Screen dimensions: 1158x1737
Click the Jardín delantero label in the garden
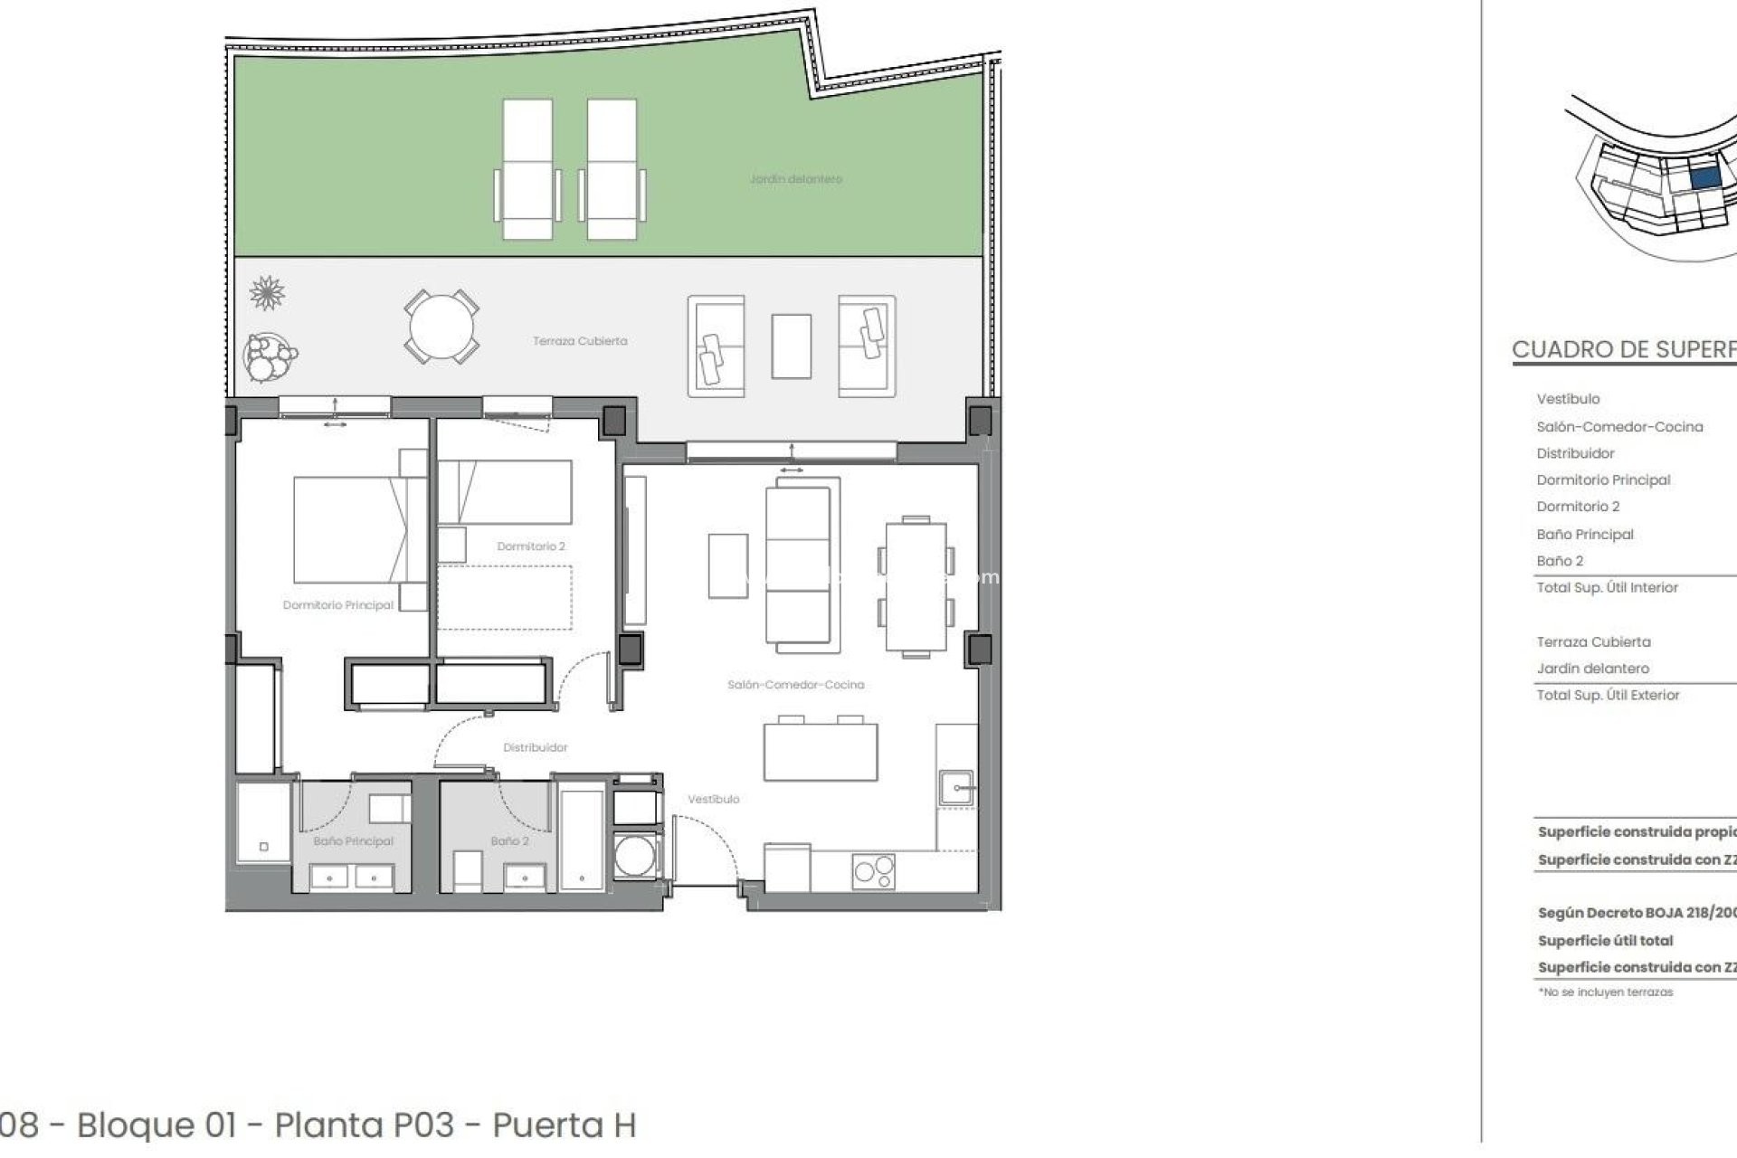(795, 179)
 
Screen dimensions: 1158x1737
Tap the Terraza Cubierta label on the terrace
(580, 341)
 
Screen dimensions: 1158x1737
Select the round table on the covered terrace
(441, 327)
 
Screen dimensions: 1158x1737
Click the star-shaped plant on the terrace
(267, 293)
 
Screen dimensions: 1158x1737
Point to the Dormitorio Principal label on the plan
(337, 604)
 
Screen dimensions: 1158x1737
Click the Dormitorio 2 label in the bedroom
(531, 546)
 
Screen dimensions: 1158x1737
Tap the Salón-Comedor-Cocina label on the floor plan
(795, 685)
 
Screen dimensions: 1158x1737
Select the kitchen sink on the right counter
(955, 787)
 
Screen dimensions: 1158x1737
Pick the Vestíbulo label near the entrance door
(713, 799)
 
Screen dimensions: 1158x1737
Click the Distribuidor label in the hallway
(536, 747)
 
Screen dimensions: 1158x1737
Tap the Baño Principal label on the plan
(353, 841)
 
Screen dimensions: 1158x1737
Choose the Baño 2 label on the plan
(509, 841)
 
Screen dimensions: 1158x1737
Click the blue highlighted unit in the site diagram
(1704, 178)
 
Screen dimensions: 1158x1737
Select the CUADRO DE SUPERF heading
(1623, 350)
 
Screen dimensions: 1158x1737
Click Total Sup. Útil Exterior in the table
(1608, 695)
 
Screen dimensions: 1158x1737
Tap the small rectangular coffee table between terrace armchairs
(791, 346)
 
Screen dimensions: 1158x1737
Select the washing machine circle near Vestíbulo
(633, 856)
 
